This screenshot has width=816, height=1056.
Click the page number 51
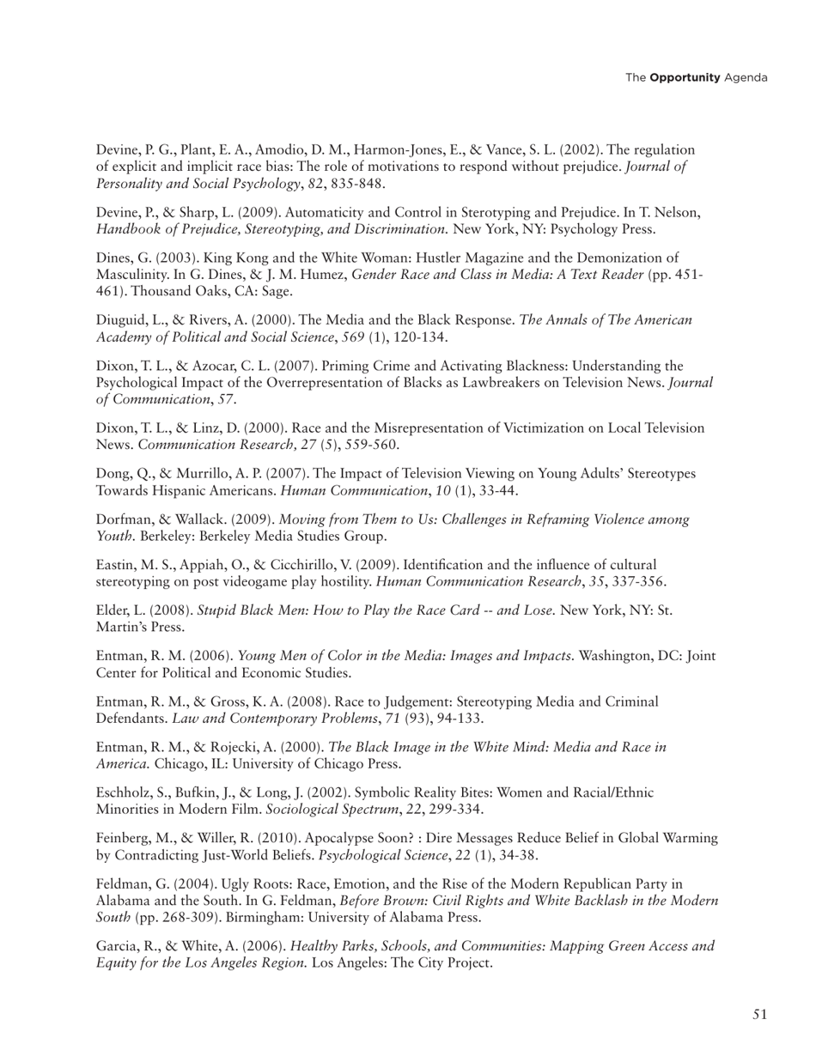click(759, 1015)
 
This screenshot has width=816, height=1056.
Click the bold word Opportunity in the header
click(685, 77)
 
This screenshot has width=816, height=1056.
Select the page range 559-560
click(371, 445)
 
